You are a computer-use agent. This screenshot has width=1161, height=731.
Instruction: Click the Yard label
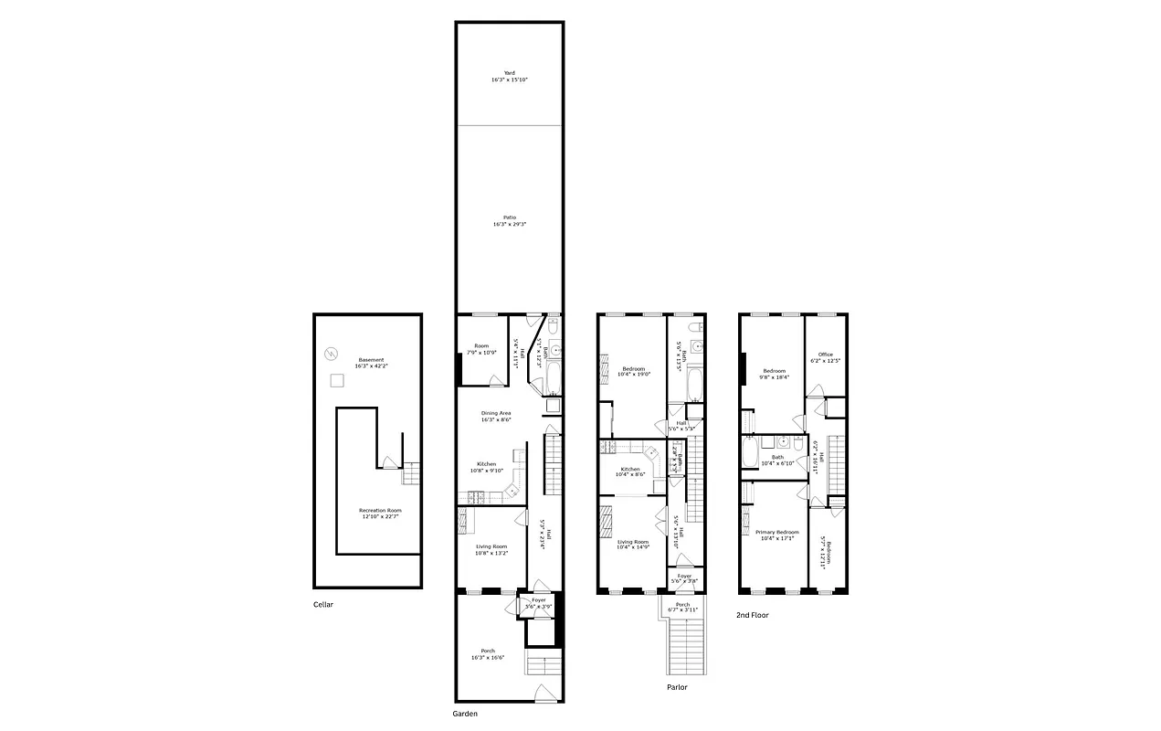click(509, 77)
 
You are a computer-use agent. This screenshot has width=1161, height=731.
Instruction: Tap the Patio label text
click(509, 220)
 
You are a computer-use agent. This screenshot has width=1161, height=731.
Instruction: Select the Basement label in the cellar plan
click(371, 363)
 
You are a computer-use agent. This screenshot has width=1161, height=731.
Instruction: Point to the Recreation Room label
click(380, 513)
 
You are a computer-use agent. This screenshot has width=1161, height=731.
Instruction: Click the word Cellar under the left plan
click(324, 604)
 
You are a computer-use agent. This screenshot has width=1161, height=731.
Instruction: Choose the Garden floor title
click(465, 714)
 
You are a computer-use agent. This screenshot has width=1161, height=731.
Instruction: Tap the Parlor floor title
click(677, 687)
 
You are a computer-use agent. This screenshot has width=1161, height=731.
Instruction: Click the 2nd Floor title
click(752, 615)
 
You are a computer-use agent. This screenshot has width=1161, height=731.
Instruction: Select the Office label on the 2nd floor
click(825, 357)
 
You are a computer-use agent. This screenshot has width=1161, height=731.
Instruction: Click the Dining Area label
click(496, 416)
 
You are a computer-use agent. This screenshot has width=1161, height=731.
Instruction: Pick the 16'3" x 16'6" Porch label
click(488, 654)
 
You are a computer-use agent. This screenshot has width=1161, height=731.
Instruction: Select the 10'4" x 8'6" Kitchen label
click(630, 471)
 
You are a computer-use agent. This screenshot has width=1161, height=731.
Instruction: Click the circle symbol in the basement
click(332, 353)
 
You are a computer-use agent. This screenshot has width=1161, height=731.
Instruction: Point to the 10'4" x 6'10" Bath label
click(777, 461)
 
